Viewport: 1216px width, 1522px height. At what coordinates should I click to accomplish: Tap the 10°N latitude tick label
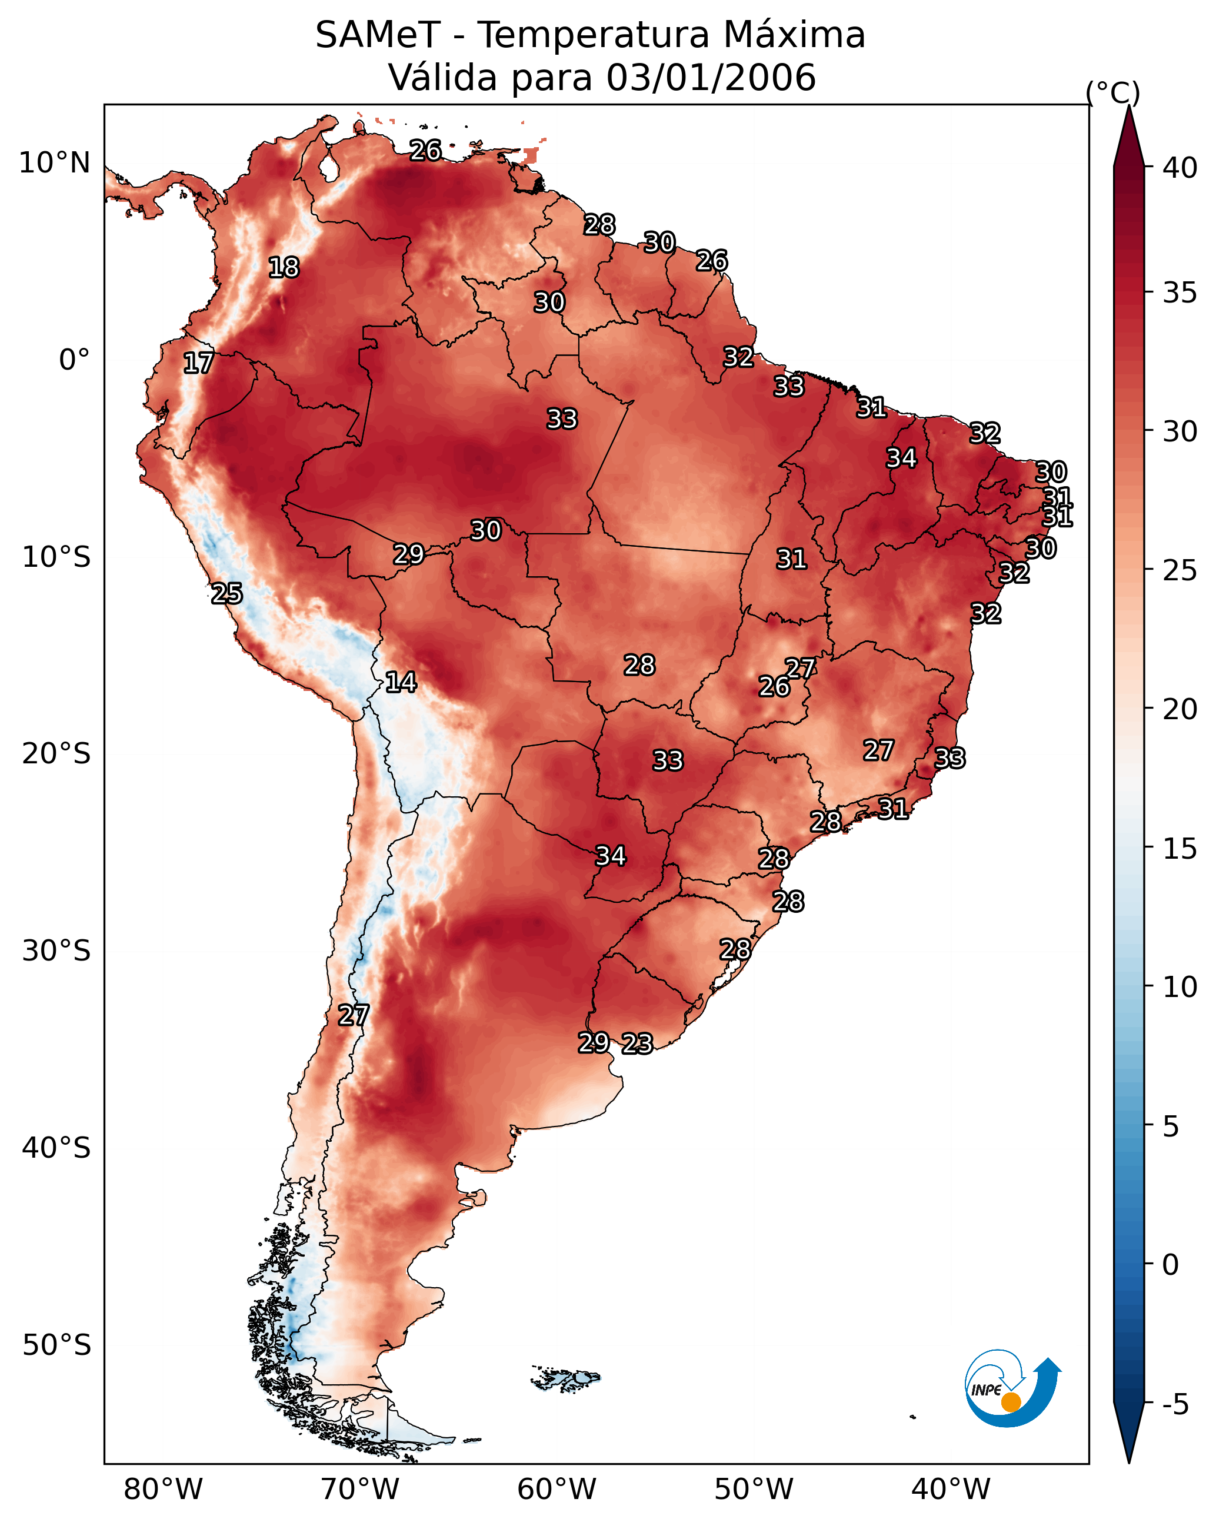[54, 163]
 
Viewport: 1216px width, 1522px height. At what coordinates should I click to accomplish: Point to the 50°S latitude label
[56, 1345]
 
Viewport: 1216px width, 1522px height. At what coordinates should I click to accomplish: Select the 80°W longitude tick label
[163, 1489]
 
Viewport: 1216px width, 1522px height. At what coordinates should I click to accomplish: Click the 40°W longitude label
[951, 1489]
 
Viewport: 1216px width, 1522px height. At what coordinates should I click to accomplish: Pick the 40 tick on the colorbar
[1180, 168]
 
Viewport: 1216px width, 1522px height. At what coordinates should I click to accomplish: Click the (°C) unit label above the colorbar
[1113, 92]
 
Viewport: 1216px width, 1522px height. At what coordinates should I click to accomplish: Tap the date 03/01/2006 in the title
[711, 78]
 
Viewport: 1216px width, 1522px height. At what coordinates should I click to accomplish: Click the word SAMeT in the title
[378, 35]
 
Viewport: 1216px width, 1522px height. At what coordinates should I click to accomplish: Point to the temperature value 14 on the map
[401, 682]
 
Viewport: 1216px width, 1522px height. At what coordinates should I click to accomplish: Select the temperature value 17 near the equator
[198, 363]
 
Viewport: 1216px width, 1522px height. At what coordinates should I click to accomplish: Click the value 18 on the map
[284, 268]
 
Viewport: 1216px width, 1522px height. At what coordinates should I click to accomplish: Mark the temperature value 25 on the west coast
[226, 594]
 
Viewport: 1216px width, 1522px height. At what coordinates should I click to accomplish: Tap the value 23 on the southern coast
[637, 1044]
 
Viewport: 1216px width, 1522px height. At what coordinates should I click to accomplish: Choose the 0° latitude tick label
[74, 360]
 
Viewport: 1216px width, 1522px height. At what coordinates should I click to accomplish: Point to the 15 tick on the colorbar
[1180, 849]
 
